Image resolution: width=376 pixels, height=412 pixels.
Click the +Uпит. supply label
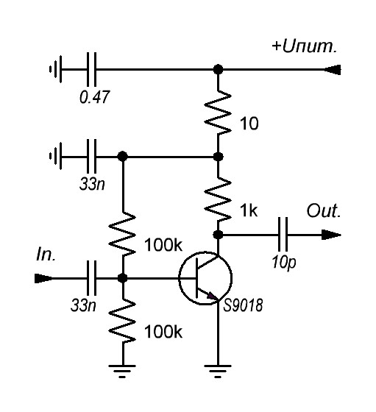pos(305,46)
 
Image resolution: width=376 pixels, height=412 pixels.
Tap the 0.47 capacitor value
pos(94,96)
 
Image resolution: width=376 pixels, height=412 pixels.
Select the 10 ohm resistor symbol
pos(218,113)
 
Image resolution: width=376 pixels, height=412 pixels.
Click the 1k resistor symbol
pos(218,199)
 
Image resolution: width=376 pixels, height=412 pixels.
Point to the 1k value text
pos(248,210)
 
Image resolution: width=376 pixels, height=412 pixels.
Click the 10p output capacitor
pos(283,235)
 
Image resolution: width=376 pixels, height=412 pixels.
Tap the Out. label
pos(324,210)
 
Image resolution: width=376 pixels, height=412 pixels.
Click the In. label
pos(46,255)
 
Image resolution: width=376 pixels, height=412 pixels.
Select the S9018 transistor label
pos(243,305)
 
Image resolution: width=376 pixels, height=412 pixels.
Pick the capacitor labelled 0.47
pos(91,69)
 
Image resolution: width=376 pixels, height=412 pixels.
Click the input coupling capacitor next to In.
pos(91,278)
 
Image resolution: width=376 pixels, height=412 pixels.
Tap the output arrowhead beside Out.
pos(331,235)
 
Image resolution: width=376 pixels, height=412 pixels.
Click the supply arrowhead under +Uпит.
pos(332,70)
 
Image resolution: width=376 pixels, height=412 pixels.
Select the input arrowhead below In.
pos(43,278)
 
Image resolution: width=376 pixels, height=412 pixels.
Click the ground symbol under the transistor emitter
pos(218,371)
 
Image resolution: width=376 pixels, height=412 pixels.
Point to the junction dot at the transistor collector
pos(218,235)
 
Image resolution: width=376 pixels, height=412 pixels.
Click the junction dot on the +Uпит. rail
pos(218,70)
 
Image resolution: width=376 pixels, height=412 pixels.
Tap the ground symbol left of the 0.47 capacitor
pos(56,69)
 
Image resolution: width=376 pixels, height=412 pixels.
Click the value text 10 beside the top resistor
pos(249,124)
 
